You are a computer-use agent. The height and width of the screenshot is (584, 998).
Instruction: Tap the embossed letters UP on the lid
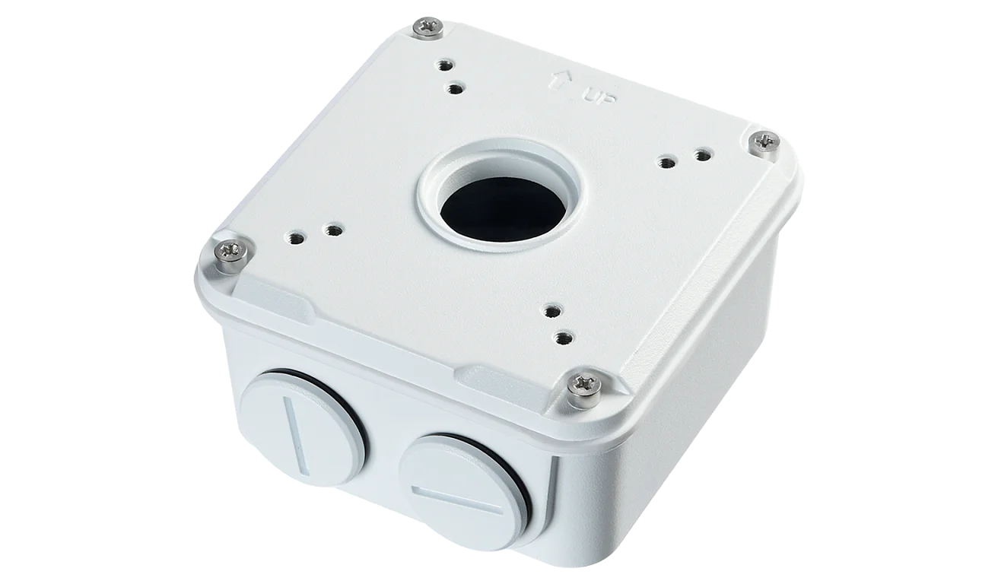click(x=599, y=95)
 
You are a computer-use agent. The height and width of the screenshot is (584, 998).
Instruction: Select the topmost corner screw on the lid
click(x=428, y=28)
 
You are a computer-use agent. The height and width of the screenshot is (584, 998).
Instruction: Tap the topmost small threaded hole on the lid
click(x=443, y=65)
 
